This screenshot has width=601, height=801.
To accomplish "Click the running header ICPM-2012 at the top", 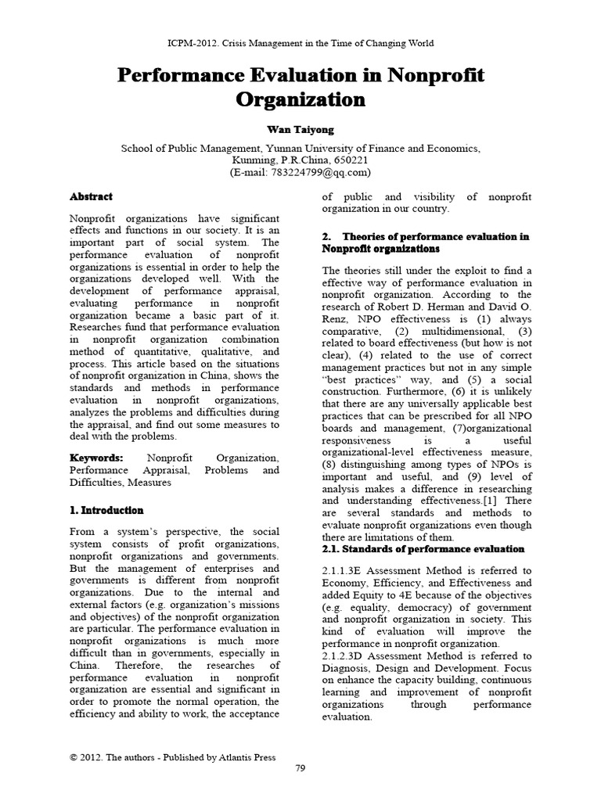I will (x=300, y=43).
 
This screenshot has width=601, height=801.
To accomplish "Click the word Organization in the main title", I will (x=300, y=100).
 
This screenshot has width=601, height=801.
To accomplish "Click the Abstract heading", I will (x=91, y=197).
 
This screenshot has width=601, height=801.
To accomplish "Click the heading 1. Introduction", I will (x=106, y=510).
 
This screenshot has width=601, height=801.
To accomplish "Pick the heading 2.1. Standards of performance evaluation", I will (x=423, y=549).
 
